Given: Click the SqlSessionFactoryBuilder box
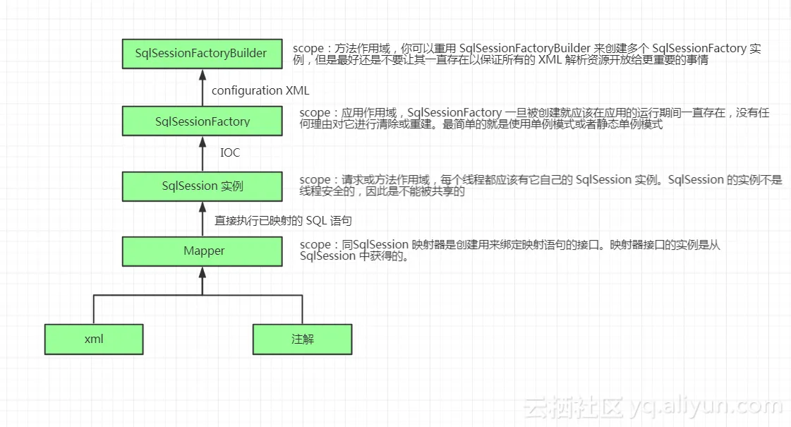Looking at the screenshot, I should pos(202,54).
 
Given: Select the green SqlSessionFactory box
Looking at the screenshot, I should pos(202,121).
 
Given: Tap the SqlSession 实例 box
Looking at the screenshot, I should pos(202,186).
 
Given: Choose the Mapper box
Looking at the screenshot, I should pos(202,251).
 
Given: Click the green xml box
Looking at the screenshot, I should pos(94,339).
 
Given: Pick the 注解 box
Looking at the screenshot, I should pos(302,339).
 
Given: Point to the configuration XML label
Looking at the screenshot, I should pos(260,91).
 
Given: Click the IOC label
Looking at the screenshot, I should pos(230,152).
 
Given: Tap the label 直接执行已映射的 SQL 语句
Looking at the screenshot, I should pos(283,221).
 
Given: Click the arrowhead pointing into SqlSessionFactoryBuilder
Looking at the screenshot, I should pos(202,73).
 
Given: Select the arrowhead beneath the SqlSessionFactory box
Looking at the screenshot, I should pos(202,140).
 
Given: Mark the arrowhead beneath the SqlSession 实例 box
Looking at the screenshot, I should pos(202,205).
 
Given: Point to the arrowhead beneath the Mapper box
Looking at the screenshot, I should pos(202,270).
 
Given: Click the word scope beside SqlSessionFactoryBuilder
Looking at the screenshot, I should pos(307,49).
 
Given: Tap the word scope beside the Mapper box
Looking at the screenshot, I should pos(314,245).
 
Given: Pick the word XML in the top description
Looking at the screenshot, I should pos(549,61).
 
